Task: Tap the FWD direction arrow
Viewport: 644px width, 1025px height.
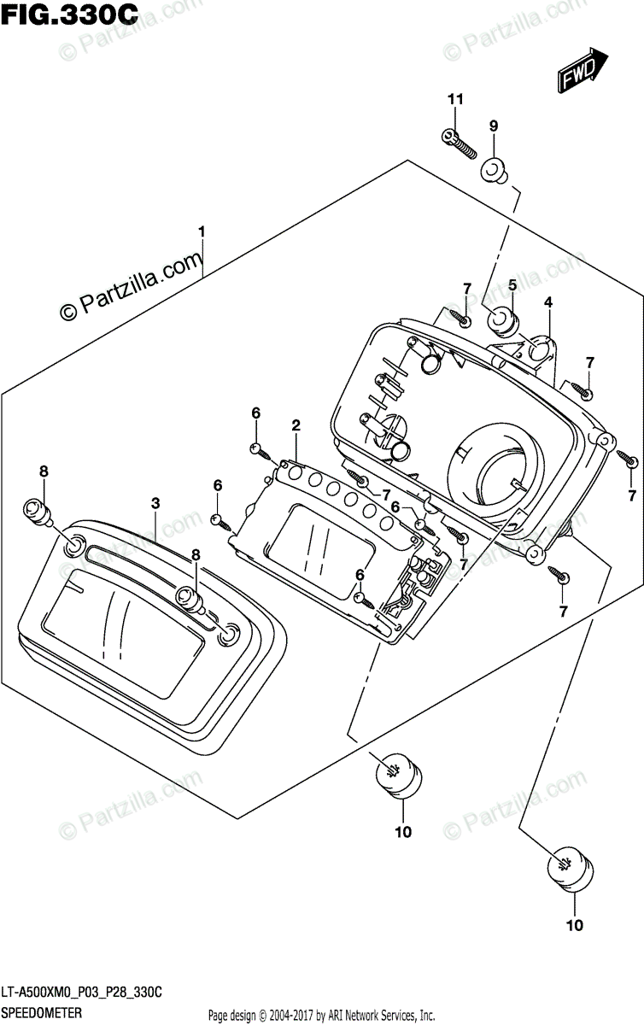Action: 583,70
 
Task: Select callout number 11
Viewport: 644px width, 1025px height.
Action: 454,100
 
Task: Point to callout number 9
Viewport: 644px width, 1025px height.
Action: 493,126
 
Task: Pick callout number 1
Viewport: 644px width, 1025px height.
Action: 202,231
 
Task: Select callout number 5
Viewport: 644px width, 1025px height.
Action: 512,284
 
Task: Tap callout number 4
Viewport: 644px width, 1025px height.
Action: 548,302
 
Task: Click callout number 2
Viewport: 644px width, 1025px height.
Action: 296,425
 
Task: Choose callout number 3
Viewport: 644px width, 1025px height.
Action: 155,504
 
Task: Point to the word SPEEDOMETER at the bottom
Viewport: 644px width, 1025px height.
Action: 41,1012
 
